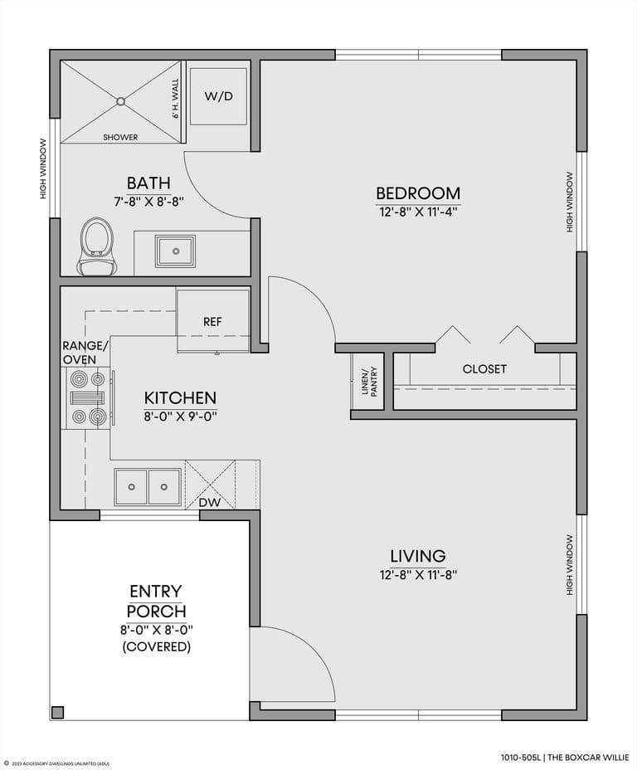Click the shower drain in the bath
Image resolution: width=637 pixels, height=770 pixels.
[x=121, y=102]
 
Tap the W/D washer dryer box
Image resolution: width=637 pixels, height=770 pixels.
[x=218, y=96]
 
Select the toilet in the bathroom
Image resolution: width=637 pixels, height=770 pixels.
[x=97, y=246]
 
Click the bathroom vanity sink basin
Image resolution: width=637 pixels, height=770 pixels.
[x=175, y=251]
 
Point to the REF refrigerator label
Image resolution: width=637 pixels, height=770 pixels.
[x=212, y=322]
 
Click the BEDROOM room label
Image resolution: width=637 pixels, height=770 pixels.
[x=418, y=193]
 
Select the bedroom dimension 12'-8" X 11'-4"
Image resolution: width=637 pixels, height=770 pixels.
[x=418, y=212]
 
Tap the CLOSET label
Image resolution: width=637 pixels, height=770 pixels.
[x=484, y=368]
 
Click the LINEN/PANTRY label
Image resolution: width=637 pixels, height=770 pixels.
[x=369, y=382]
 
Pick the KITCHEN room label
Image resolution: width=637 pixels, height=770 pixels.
[x=180, y=397]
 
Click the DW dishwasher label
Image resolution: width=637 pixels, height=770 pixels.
[x=210, y=502]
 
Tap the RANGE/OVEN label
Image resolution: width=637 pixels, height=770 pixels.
[x=85, y=353]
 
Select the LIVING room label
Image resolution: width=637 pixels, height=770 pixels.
[x=418, y=556]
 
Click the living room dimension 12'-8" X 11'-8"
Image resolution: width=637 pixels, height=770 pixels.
[x=418, y=574]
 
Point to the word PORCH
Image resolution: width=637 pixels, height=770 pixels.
[x=157, y=612]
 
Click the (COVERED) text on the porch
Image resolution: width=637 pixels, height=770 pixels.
[x=157, y=646]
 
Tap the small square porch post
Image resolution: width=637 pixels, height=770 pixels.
[x=57, y=712]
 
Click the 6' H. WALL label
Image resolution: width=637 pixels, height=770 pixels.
[x=176, y=99]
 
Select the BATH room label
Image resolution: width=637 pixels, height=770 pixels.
[x=148, y=183]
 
